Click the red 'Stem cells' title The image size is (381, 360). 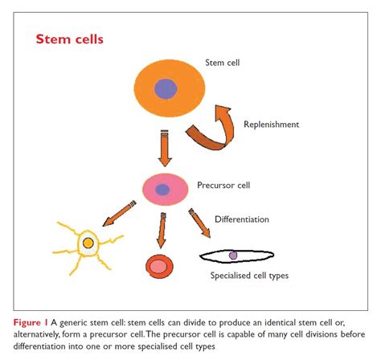[69, 39]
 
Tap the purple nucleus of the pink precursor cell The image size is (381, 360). [162, 190]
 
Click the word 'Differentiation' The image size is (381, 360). [252, 219]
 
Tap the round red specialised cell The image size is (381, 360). [158, 267]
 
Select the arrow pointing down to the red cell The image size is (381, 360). [162, 231]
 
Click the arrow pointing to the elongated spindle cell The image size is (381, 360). [200, 224]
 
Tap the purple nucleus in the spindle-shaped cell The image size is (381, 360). [233, 256]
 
